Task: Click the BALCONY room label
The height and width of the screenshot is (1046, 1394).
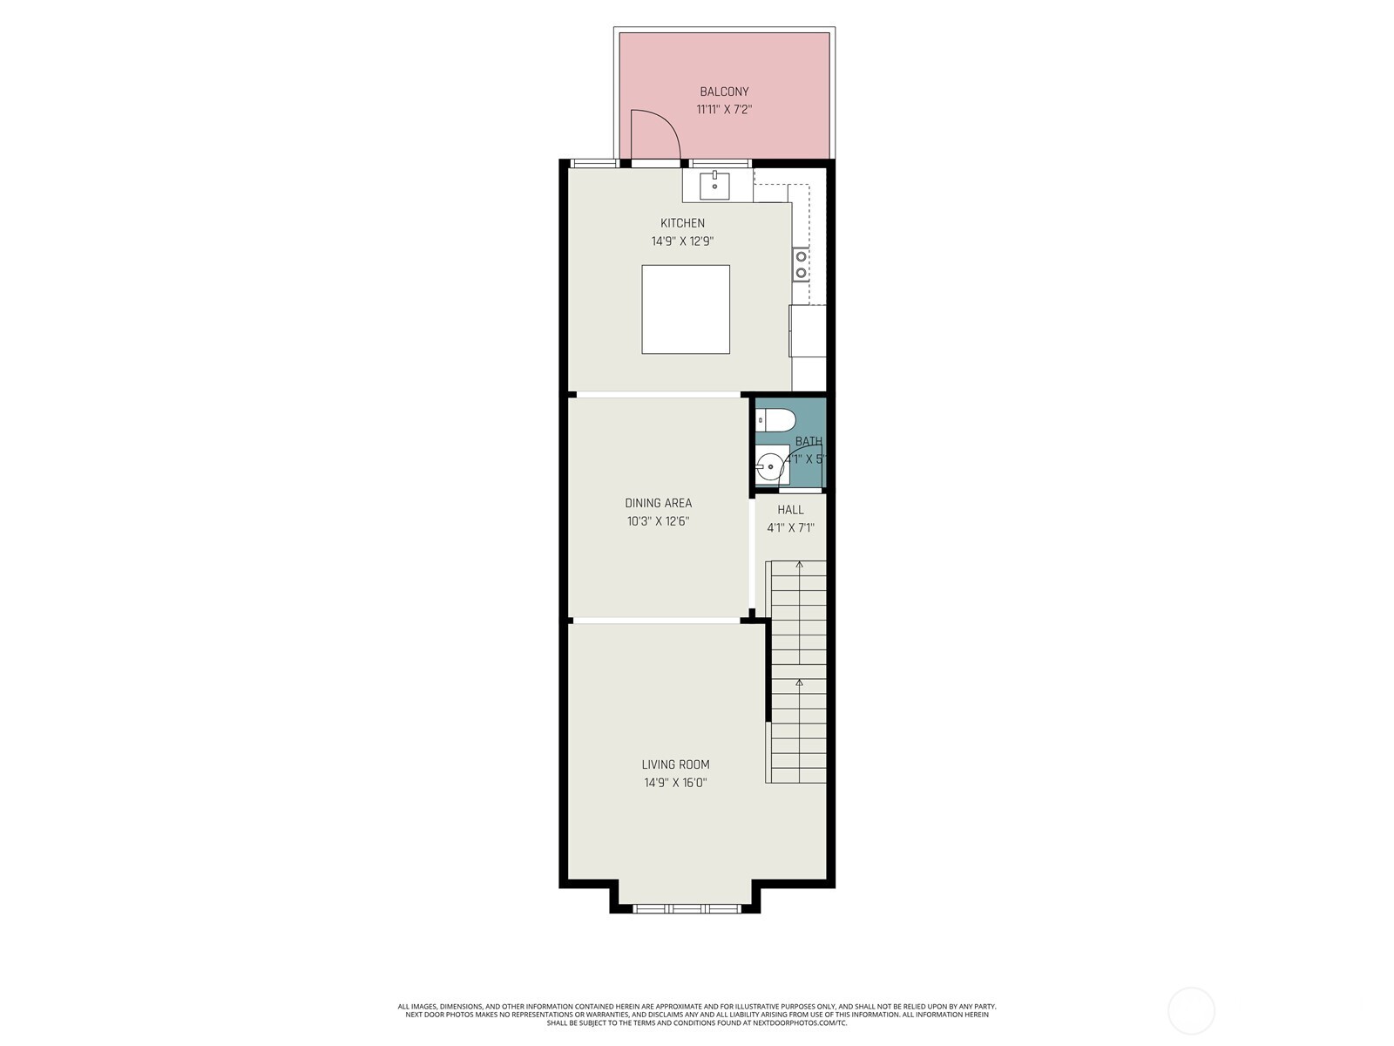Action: pyautogui.click(x=724, y=92)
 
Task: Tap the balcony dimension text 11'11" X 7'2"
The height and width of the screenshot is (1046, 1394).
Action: pyautogui.click(x=724, y=110)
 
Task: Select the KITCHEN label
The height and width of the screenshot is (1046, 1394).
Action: pyautogui.click(x=682, y=223)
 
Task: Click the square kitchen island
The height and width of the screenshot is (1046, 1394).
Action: pyautogui.click(x=686, y=309)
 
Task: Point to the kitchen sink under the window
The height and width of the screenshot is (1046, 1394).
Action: pyautogui.click(x=714, y=184)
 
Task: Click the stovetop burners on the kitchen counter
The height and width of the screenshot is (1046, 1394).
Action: pyautogui.click(x=801, y=265)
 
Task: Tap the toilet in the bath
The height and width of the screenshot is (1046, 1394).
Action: pyautogui.click(x=775, y=420)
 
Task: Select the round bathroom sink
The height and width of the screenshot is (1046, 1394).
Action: pyautogui.click(x=770, y=467)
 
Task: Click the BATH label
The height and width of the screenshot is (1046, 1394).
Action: pyautogui.click(x=809, y=442)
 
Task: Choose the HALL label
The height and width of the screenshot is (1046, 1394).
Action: pyautogui.click(x=790, y=510)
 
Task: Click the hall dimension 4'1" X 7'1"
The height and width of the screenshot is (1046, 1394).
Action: pyautogui.click(x=790, y=527)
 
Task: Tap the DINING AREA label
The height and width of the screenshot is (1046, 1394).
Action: pyautogui.click(x=659, y=503)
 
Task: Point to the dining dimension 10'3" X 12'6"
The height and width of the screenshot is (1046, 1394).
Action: pyautogui.click(x=659, y=521)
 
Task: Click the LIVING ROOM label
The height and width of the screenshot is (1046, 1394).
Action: pyautogui.click(x=675, y=764)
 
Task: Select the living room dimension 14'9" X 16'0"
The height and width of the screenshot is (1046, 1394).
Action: pyautogui.click(x=675, y=783)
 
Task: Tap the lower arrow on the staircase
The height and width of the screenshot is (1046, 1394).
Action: pyautogui.click(x=799, y=683)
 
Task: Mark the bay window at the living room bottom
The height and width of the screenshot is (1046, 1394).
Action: pyautogui.click(x=687, y=908)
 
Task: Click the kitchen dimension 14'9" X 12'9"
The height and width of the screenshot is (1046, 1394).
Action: pyautogui.click(x=682, y=241)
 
